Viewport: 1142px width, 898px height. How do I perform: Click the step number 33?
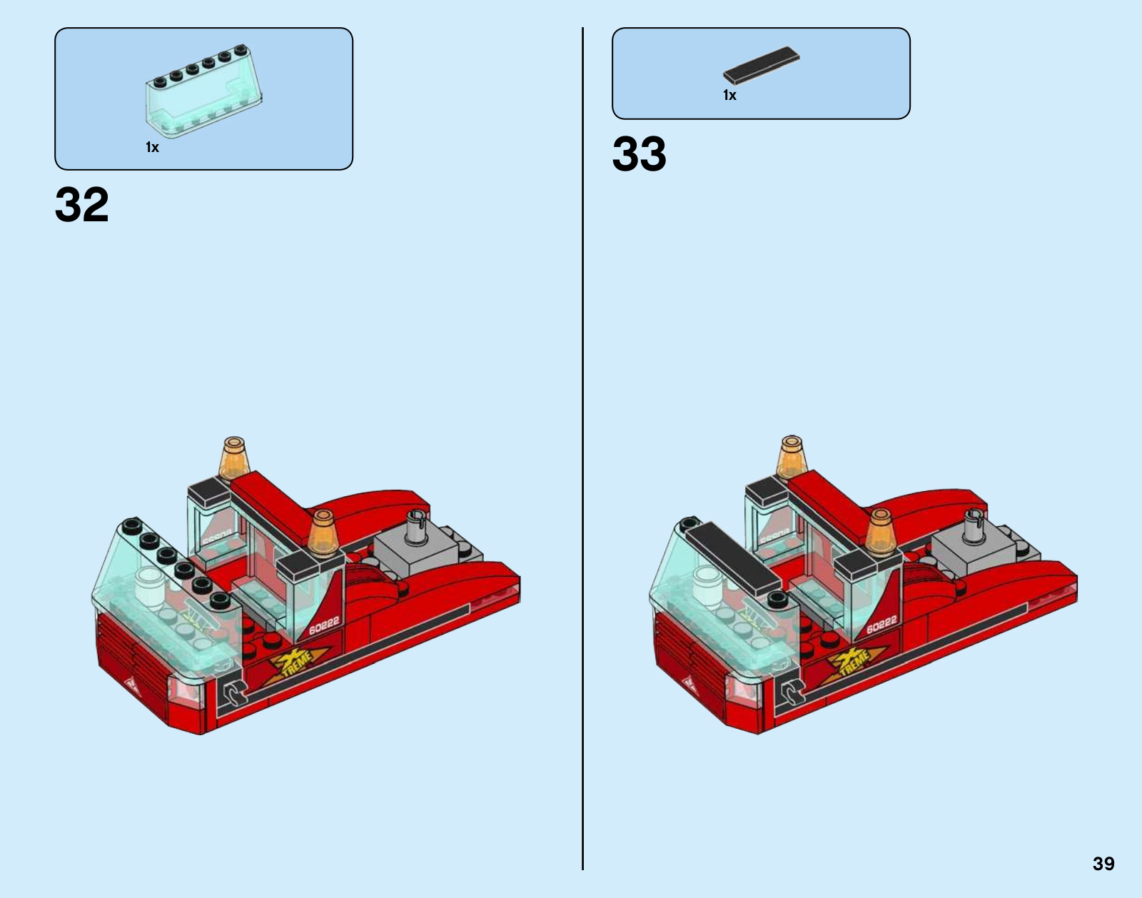[x=639, y=153]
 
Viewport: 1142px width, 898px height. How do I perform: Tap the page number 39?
[x=1103, y=864]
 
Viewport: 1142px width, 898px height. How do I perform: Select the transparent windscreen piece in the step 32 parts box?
[x=204, y=91]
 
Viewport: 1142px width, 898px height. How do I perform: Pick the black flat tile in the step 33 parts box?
[x=761, y=65]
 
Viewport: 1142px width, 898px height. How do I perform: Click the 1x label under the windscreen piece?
[x=152, y=148]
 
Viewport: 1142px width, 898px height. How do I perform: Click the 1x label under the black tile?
[x=729, y=96]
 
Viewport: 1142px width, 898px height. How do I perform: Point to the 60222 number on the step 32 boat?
[x=324, y=625]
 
